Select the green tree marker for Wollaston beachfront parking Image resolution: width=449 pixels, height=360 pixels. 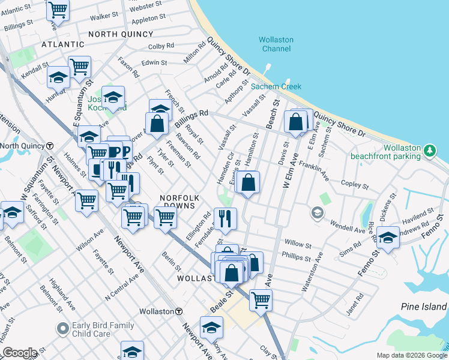click(429, 151)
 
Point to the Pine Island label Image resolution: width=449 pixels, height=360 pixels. click(424, 307)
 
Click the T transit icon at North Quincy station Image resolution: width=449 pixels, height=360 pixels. click(50, 146)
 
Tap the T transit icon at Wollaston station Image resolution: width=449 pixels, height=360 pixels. click(179, 311)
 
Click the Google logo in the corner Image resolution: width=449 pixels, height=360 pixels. click(20, 353)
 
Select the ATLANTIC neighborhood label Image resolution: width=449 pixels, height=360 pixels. click(63, 44)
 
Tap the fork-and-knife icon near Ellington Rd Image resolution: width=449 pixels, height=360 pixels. click(225, 218)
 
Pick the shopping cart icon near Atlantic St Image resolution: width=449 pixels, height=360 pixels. click(58, 10)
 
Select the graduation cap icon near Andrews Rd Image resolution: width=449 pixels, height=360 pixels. click(388, 238)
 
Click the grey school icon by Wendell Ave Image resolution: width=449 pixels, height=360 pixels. click(316, 212)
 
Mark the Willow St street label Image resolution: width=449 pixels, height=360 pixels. click(298, 244)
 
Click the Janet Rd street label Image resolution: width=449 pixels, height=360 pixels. click(355, 305)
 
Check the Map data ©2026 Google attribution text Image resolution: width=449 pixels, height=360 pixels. click(411, 355)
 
